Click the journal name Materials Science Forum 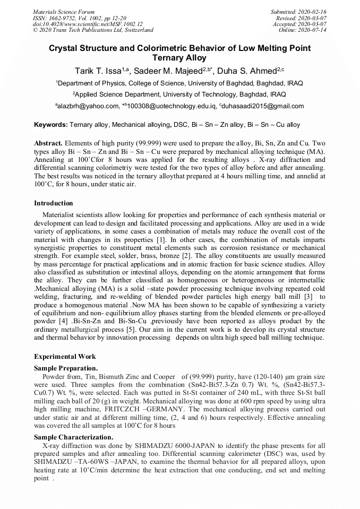[x=64, y=12]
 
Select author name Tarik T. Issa [x=98, y=71]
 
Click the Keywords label [x=50, y=125]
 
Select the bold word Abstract [x=48, y=144]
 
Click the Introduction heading [x=54, y=203]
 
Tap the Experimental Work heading [x=65, y=357]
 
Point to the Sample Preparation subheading [x=65, y=368]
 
